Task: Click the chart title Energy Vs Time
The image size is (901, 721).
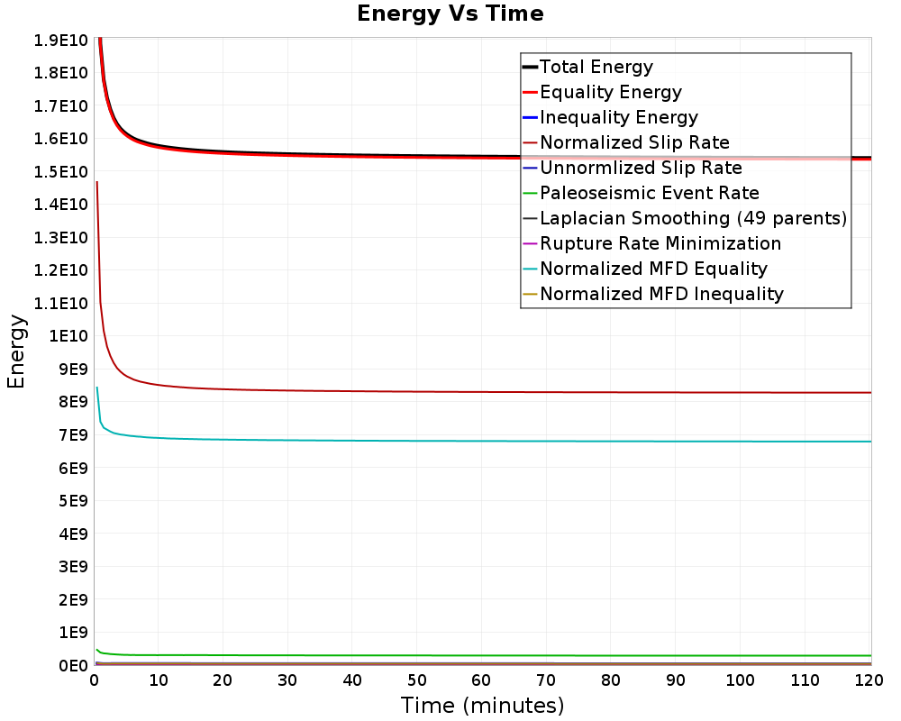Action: click(x=450, y=14)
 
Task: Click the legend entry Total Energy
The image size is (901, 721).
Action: click(x=596, y=67)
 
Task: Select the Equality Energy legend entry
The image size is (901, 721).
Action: click(x=610, y=92)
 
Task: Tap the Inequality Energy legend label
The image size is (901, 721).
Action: click(x=618, y=117)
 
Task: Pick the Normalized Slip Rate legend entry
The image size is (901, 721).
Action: click(x=634, y=142)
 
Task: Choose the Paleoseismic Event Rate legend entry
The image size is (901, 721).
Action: click(x=649, y=193)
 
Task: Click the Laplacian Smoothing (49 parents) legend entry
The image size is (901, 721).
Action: click(x=693, y=218)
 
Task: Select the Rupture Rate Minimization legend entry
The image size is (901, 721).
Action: click(x=660, y=243)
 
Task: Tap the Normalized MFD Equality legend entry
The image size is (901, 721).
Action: click(x=653, y=269)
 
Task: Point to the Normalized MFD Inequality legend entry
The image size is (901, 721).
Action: click(x=661, y=294)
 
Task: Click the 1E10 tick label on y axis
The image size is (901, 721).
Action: click(x=67, y=336)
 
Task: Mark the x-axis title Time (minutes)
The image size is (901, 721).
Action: click(x=482, y=705)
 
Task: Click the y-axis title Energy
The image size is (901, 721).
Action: click(x=15, y=351)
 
